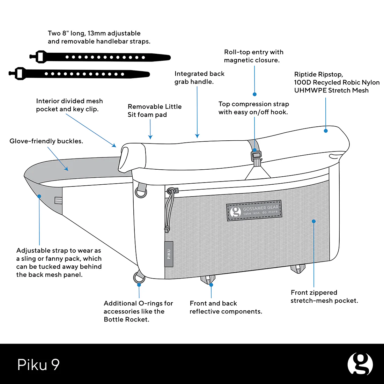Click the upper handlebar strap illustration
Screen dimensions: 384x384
(x=101, y=57)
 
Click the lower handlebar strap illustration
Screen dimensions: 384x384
(x=80, y=74)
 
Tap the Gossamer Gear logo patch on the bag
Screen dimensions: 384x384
(x=254, y=211)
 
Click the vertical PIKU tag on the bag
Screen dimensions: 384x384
(x=169, y=254)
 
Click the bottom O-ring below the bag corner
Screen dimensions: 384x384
(x=139, y=278)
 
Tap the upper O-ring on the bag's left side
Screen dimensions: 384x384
(x=141, y=192)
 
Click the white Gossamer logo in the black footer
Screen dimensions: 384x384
(x=360, y=364)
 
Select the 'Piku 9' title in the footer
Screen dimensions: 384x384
(x=38, y=364)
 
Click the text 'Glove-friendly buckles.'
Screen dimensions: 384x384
(x=46, y=141)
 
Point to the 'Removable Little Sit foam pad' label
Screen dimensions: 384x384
(x=154, y=111)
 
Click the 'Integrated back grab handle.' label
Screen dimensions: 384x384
(x=199, y=77)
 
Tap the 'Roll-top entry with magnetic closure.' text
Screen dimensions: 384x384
(x=253, y=56)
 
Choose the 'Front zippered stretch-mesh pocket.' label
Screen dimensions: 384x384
(x=324, y=296)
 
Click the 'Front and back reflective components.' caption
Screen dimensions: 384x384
(x=226, y=307)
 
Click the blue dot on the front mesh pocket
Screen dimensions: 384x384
(x=313, y=221)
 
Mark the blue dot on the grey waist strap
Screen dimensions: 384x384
(x=39, y=196)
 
